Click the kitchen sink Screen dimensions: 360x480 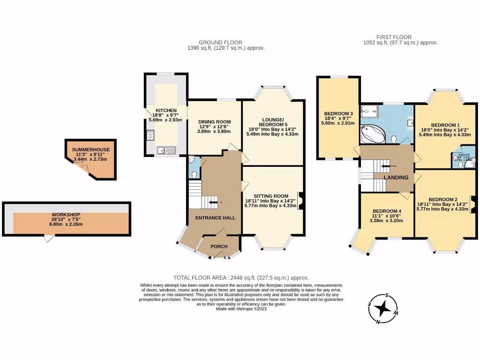(x=166, y=150)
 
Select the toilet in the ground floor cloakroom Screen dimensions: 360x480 (x=195, y=174)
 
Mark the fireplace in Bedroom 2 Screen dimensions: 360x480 (x=472, y=201)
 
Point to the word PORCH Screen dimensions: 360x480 (x=218, y=247)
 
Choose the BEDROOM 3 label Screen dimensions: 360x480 (x=338, y=113)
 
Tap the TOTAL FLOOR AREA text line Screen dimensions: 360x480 (x=241, y=277)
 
